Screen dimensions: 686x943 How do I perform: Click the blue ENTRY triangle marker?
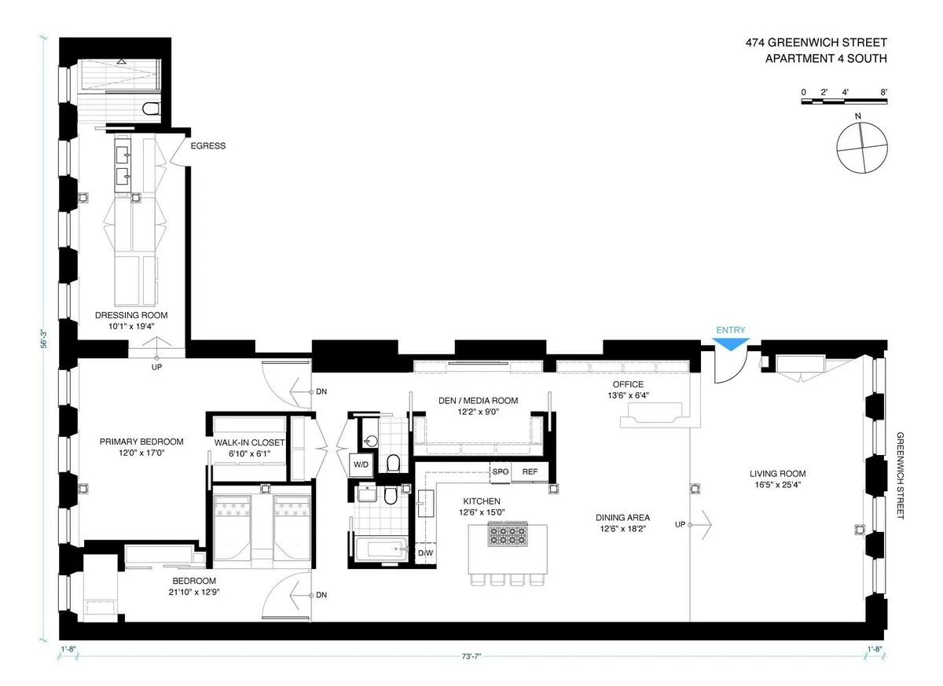731,344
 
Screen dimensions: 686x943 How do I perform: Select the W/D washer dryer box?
361,464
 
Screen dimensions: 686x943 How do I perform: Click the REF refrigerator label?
530,471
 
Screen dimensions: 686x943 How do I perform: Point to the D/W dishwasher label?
425,553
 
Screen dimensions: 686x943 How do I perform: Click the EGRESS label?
208,145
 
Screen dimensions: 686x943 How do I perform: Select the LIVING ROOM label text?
777,474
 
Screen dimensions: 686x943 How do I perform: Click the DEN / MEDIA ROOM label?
478,401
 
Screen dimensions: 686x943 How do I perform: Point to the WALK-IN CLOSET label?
249,443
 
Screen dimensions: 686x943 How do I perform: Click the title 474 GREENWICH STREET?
816,44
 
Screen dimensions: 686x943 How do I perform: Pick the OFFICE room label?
629,384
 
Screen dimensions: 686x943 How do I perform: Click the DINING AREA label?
622,518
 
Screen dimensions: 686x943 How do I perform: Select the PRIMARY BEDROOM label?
141,442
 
